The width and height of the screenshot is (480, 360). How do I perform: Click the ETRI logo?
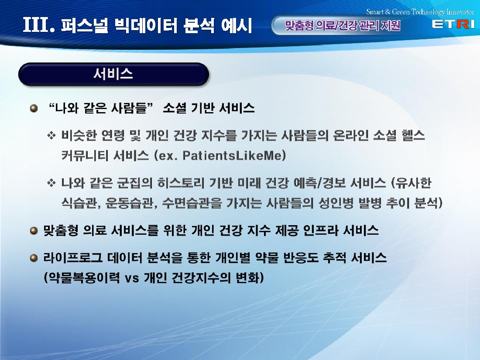[x=453, y=24]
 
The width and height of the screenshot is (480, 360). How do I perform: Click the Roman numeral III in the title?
[x=36, y=25]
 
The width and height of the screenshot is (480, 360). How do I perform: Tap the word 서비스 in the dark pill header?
[x=113, y=74]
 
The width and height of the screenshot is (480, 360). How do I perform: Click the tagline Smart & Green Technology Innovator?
[x=420, y=12]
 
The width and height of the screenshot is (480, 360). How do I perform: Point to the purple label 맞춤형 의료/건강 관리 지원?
[x=342, y=25]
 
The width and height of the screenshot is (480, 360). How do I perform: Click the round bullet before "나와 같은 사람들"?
[x=34, y=108]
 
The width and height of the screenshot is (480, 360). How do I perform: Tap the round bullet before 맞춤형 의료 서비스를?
[x=34, y=230]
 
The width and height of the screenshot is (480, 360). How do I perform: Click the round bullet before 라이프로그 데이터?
[x=34, y=258]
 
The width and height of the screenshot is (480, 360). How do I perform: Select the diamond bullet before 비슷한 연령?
[x=51, y=135]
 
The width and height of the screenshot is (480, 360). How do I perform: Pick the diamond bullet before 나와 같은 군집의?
[x=51, y=183]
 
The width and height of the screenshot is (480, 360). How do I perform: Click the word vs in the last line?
[x=132, y=278]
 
